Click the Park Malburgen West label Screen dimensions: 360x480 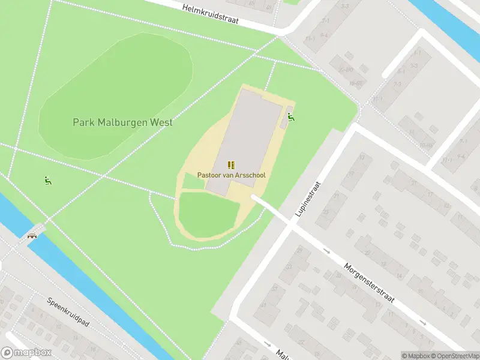coord(122,122)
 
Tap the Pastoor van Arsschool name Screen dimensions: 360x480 coord(231,175)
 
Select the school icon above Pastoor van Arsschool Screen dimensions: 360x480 coord(231,164)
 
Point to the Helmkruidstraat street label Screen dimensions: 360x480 coord(211,13)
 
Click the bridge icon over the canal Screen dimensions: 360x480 coord(32,235)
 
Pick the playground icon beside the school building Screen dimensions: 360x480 coord(291,117)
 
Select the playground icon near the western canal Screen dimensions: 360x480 coord(47,180)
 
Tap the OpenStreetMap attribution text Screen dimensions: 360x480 coord(454,356)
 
